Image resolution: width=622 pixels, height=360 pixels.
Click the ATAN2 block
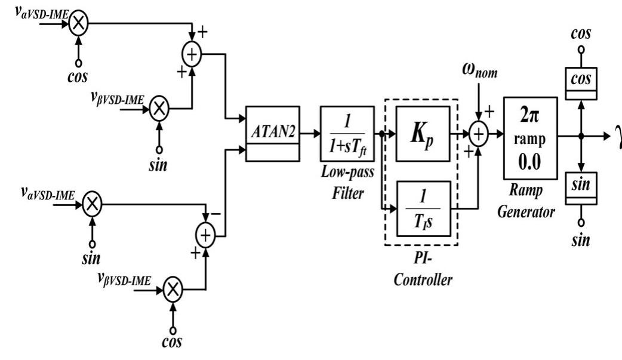(273, 134)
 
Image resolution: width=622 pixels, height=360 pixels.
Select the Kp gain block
(423, 134)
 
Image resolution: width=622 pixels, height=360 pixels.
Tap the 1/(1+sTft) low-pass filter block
(347, 134)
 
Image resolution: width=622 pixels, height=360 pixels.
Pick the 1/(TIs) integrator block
(424, 209)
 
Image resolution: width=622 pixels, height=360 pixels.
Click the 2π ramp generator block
(530, 138)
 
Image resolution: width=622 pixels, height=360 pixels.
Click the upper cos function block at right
(581, 84)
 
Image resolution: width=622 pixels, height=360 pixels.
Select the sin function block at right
(581, 189)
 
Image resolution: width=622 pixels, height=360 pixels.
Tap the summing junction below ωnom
(479, 134)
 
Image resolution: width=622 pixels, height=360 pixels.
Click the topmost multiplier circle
(79, 23)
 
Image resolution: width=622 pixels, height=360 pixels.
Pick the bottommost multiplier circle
(173, 290)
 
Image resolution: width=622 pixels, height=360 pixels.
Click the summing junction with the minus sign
(205, 236)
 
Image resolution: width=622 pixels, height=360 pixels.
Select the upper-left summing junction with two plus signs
(192, 54)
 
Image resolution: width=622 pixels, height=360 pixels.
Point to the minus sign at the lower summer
(216, 214)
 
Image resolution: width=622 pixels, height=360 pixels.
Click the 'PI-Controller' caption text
(423, 269)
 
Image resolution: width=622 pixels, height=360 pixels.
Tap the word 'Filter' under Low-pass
(348, 193)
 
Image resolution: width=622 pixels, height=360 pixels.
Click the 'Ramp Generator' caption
(526, 201)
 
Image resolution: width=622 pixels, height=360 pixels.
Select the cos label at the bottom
(172, 341)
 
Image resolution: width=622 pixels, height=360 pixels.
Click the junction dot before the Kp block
(382, 134)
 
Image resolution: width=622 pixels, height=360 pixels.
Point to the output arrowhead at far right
(607, 136)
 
